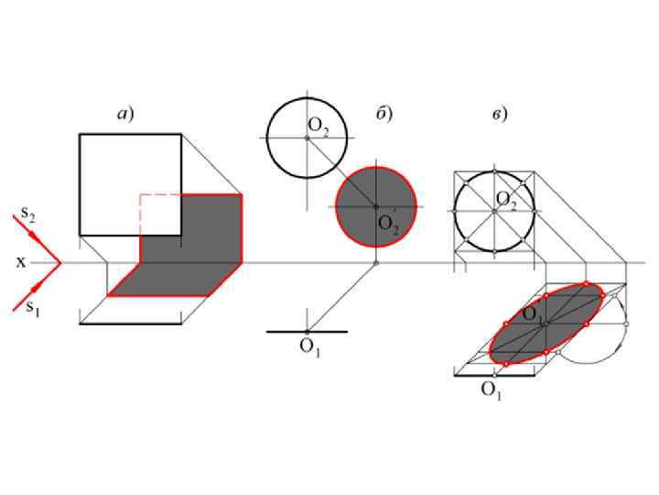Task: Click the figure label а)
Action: click(125, 114)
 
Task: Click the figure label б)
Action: click(384, 113)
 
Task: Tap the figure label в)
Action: click(500, 114)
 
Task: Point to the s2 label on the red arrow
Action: click(28, 214)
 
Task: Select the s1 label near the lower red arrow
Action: click(33, 308)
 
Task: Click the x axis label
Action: click(20, 263)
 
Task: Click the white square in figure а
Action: click(130, 184)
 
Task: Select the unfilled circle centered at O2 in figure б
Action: click(307, 99)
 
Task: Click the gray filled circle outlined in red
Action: click(376, 206)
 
